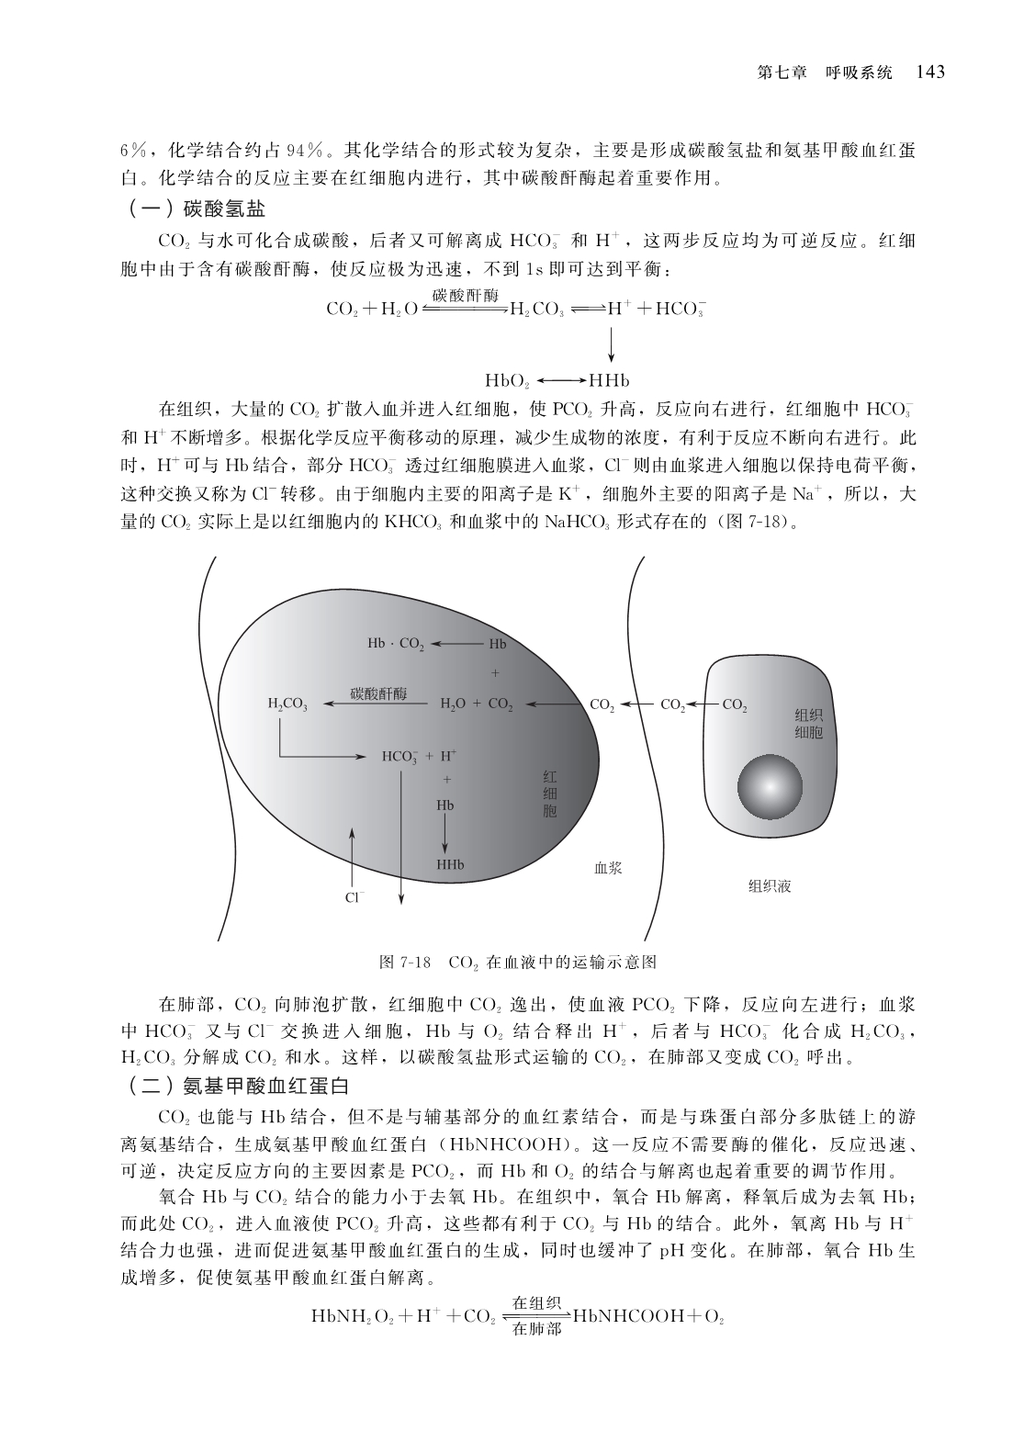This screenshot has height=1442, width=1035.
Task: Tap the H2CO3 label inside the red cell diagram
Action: click(287, 704)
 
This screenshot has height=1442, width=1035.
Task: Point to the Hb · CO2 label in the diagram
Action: click(396, 645)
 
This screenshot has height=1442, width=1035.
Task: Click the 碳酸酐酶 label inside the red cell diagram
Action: click(378, 693)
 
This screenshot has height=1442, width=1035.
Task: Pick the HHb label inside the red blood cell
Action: click(449, 865)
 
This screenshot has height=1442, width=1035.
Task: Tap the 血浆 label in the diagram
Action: click(608, 867)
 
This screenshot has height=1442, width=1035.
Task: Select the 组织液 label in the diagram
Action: click(770, 886)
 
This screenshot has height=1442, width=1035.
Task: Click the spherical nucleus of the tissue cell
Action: click(771, 787)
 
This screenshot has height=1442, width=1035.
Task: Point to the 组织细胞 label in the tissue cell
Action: click(808, 724)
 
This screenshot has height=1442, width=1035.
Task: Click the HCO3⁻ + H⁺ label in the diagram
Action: click(419, 757)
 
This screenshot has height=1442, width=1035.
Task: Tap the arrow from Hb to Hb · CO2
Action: click(456, 645)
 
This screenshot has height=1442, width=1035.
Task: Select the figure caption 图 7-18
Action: click(405, 963)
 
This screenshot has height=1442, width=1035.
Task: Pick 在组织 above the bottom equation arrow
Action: click(536, 1303)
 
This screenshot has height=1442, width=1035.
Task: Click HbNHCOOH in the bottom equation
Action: click(633, 1315)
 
